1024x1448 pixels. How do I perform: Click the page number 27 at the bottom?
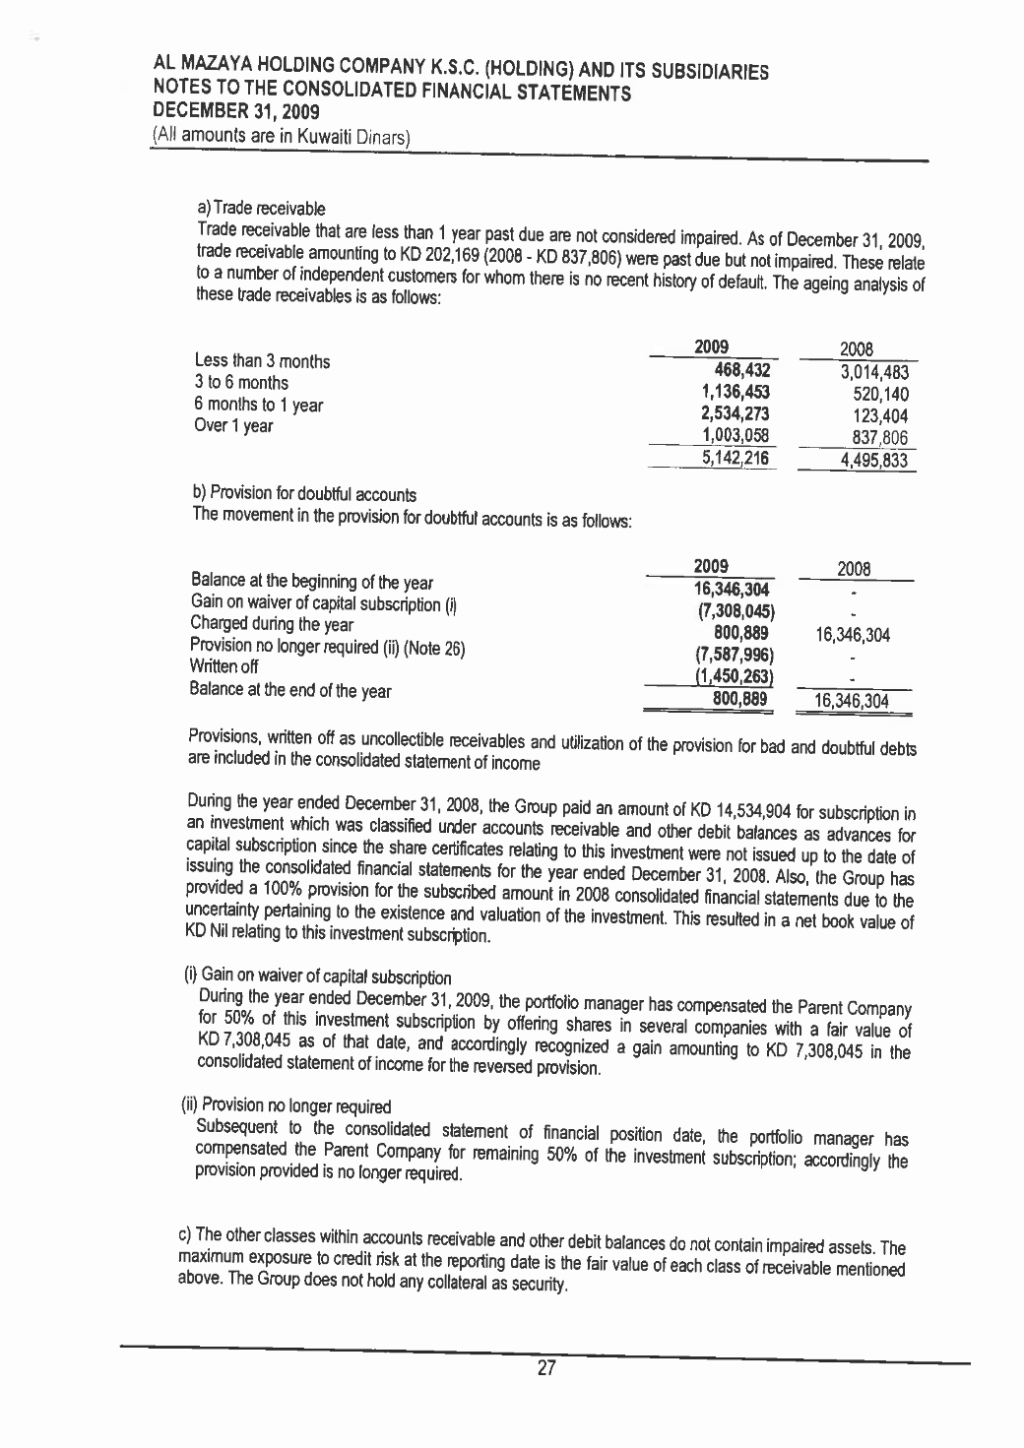point(547,1367)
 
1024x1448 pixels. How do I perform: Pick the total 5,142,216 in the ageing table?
point(734,458)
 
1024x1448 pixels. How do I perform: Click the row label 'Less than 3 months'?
point(263,361)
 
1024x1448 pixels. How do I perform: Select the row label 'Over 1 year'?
point(234,426)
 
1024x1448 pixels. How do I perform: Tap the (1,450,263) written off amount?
point(732,676)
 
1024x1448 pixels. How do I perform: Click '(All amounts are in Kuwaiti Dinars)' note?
point(281,136)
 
